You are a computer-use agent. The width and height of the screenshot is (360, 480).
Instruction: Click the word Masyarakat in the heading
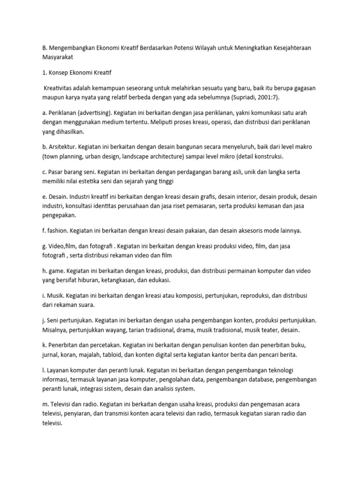click(x=57, y=57)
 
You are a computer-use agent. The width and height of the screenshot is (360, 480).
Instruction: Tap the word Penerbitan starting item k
click(x=63, y=345)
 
